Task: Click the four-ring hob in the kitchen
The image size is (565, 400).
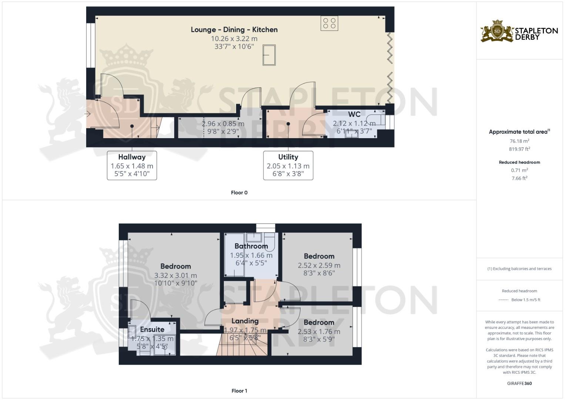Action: click(x=329, y=23)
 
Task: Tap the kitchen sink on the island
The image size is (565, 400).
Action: click(x=269, y=55)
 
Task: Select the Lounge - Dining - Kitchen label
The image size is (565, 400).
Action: click(x=234, y=30)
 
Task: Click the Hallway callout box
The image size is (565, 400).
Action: click(x=132, y=166)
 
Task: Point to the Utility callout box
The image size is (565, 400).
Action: click(x=288, y=166)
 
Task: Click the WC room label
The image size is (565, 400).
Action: click(x=354, y=114)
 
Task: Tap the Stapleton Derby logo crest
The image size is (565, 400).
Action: click(x=497, y=31)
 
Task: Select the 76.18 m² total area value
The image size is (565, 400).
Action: click(x=519, y=141)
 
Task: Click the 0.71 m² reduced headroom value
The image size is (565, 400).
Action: click(x=519, y=170)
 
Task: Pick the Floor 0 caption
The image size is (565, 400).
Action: click(x=239, y=193)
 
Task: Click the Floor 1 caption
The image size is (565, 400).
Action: click(x=239, y=391)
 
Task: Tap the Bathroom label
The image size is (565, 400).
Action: click(x=251, y=246)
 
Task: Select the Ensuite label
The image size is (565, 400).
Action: click(x=152, y=329)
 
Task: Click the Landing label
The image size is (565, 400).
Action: click(x=245, y=321)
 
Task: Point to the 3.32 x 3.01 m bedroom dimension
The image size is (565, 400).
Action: click(x=175, y=275)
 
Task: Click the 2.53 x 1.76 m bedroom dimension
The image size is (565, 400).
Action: click(x=319, y=331)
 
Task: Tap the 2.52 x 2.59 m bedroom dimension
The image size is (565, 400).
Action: click(x=319, y=266)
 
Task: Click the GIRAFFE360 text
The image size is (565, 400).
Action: click(x=519, y=383)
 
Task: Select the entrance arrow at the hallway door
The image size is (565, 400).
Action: click(x=87, y=114)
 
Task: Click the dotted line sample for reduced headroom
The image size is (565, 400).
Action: click(x=504, y=300)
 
